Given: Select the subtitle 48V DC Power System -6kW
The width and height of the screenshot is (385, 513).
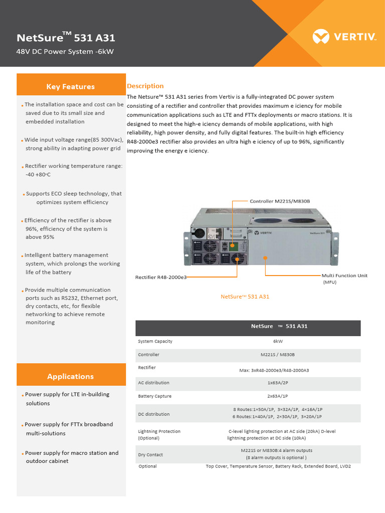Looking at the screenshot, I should (x=66, y=52).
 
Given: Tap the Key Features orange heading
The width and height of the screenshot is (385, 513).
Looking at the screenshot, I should (x=71, y=87).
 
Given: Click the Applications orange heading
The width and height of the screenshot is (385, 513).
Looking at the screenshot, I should (x=71, y=376).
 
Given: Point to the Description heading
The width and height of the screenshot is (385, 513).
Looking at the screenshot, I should (x=145, y=86).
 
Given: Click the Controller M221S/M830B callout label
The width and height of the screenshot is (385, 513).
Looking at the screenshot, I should (x=280, y=201).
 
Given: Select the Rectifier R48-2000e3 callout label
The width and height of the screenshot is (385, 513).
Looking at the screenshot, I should (x=161, y=277).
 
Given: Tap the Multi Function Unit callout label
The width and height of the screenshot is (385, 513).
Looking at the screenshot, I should (x=344, y=276).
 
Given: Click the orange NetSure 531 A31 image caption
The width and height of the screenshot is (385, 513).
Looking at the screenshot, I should (x=245, y=297).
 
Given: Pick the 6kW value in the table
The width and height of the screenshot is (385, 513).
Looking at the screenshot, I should (x=278, y=341).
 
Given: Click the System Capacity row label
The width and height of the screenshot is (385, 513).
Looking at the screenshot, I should (x=155, y=341).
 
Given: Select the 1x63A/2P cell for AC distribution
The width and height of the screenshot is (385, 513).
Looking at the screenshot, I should (x=278, y=383).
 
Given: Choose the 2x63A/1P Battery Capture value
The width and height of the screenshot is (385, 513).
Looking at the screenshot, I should (x=278, y=396).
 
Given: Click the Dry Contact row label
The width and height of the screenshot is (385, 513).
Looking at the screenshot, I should (x=150, y=455).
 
